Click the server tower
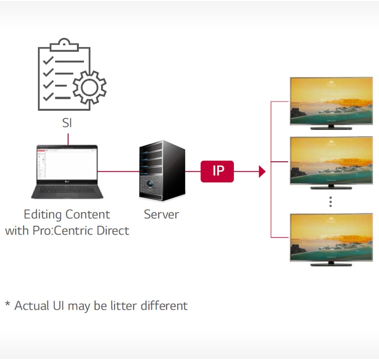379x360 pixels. (x=161, y=170)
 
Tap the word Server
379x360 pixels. (x=161, y=215)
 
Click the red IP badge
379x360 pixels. (x=217, y=171)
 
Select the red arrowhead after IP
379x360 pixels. (x=262, y=172)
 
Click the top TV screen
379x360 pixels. (x=331, y=101)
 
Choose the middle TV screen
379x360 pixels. (x=331, y=160)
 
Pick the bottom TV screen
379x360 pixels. (x=331, y=237)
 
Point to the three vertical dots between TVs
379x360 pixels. (x=331, y=201)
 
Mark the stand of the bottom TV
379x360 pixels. (x=331, y=264)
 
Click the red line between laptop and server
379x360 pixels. (x=118, y=172)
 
